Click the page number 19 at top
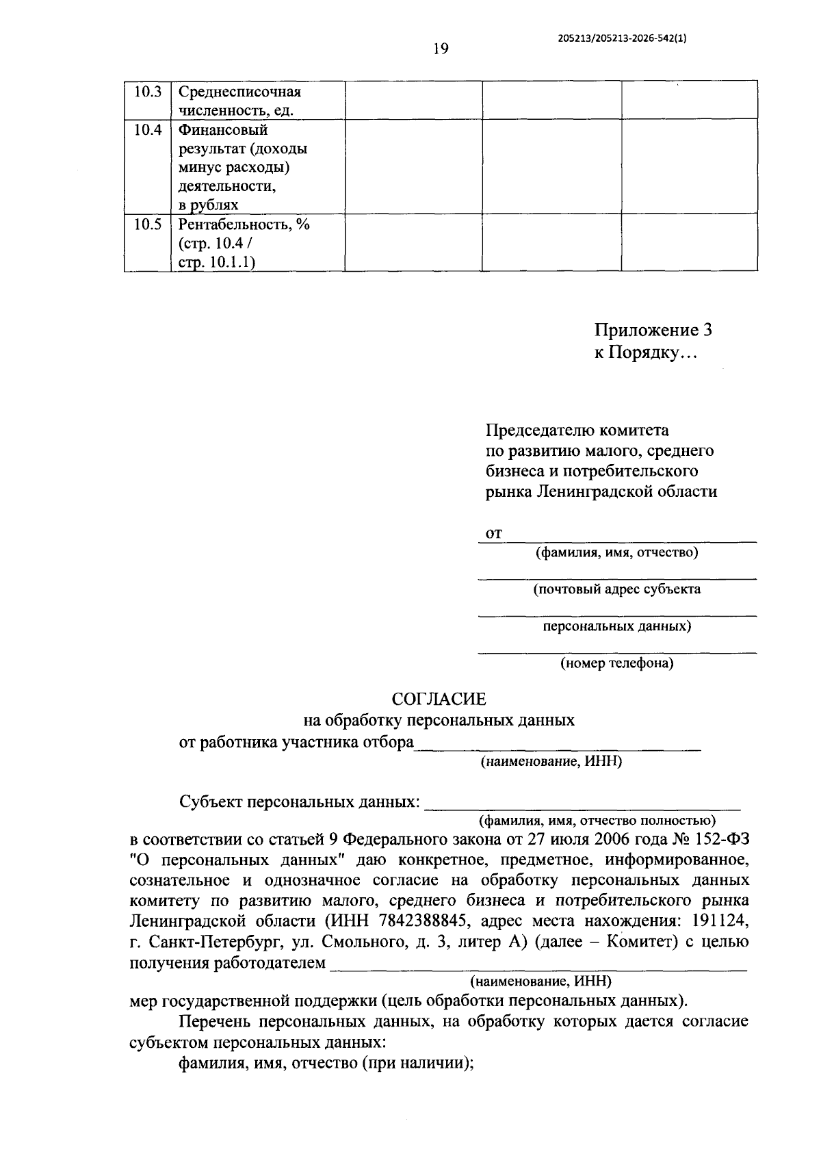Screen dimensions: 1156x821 click(x=440, y=49)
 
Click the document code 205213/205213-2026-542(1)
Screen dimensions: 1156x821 click(x=623, y=39)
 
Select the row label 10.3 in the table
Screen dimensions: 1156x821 click(x=147, y=92)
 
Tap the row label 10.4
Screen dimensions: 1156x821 click(x=147, y=129)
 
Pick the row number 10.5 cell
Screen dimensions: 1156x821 click(x=147, y=224)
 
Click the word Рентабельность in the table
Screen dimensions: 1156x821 click(x=232, y=224)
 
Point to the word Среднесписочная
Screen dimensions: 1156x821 click(x=239, y=92)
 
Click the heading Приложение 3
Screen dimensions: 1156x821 click(x=653, y=331)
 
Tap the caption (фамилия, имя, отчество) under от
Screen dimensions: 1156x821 click(x=616, y=552)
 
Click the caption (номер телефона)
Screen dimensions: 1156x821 click(x=616, y=663)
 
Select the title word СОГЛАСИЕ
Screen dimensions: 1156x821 click(x=439, y=699)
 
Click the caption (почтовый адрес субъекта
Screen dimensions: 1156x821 click(x=616, y=589)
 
